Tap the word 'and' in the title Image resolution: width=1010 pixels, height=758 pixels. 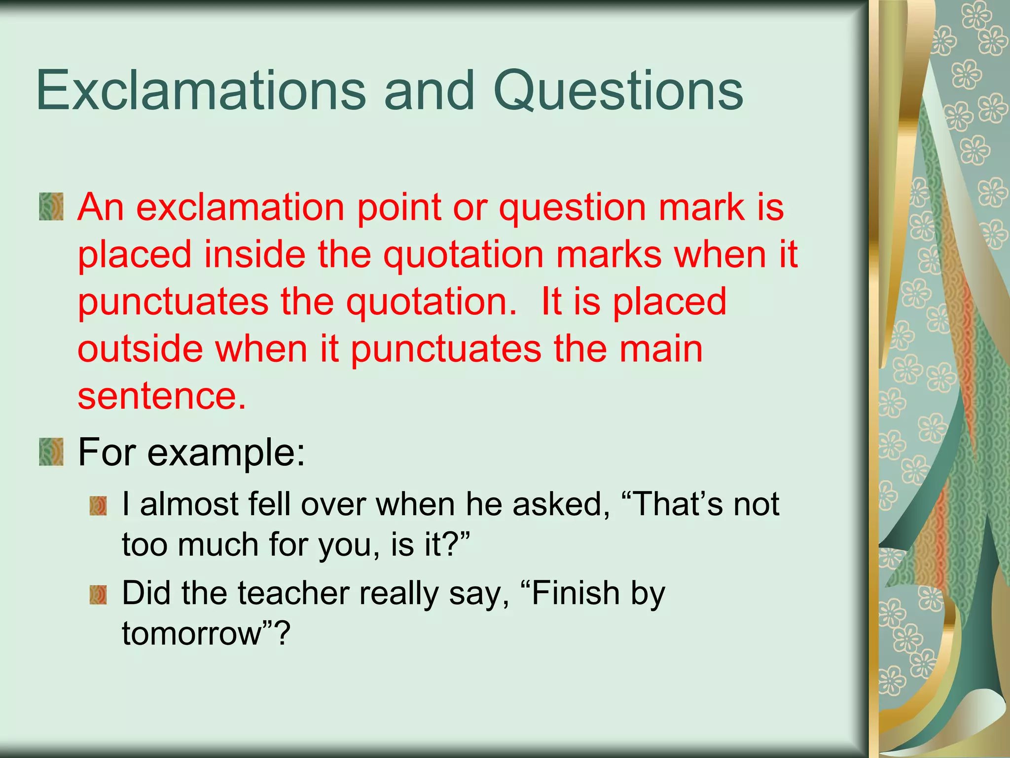click(429, 91)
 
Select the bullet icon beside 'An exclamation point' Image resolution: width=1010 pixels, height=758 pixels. click(51, 207)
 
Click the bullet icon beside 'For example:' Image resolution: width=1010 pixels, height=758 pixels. click(51, 452)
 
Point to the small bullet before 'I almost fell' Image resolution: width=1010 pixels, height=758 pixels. click(98, 506)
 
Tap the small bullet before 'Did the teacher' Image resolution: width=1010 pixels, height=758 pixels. click(98, 595)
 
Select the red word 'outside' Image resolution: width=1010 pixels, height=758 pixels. click(140, 349)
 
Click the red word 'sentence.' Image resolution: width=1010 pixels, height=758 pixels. click(161, 396)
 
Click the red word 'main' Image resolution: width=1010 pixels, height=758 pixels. click(660, 349)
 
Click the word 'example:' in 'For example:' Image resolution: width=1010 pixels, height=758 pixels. click(226, 453)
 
